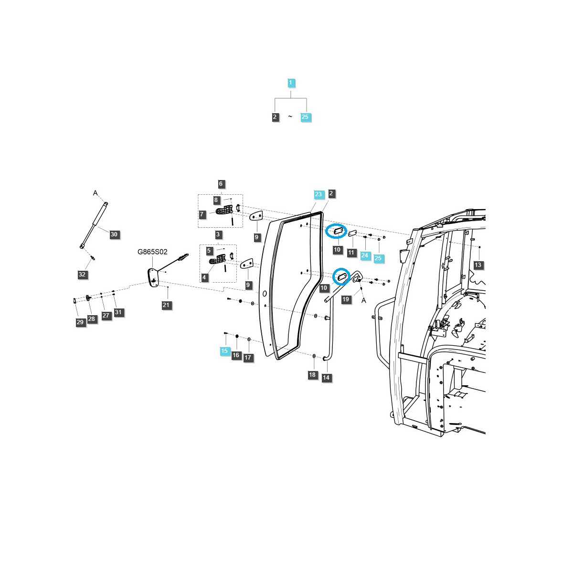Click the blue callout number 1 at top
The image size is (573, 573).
coord(291,83)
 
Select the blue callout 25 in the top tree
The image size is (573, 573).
coord(306,117)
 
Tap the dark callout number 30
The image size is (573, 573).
coord(114,234)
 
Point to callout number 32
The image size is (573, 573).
coord(82,275)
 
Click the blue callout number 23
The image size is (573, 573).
coord(318,194)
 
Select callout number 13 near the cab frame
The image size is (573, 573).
coord(478,265)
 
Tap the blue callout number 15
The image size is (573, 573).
coord(224,351)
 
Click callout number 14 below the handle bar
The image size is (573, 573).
coord(326,378)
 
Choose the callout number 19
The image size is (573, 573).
coord(346,299)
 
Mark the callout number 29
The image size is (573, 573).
coord(80,322)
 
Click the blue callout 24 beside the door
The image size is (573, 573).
coord(365,255)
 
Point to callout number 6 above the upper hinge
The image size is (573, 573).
coord(221,184)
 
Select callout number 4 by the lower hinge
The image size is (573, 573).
coord(205,277)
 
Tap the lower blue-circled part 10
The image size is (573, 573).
coord(341,276)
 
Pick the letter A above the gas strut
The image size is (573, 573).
coord(95,193)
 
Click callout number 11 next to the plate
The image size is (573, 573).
coord(351,252)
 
